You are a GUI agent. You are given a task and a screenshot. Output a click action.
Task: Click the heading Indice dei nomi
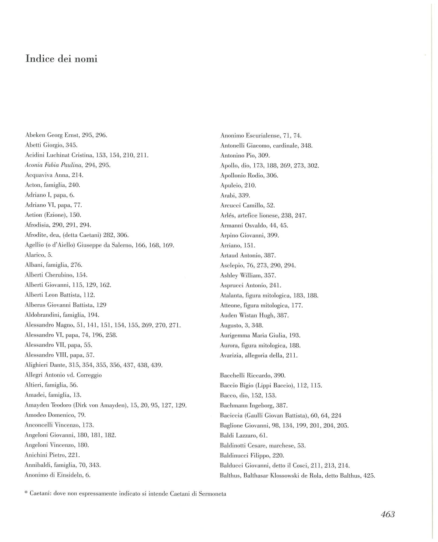(x=61, y=59)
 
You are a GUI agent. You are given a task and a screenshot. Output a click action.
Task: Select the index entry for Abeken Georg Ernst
(x=66, y=135)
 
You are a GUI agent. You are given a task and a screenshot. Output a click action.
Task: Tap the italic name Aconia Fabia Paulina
(x=54, y=165)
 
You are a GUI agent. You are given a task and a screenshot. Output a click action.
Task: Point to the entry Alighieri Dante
(x=93, y=365)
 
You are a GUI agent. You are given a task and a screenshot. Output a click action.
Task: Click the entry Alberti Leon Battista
(x=60, y=295)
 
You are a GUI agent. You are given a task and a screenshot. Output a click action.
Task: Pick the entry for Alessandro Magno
(x=103, y=325)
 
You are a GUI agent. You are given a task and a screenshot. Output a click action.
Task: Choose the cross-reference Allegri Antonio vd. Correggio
(x=63, y=375)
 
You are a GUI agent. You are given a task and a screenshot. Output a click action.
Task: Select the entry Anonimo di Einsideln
(x=57, y=475)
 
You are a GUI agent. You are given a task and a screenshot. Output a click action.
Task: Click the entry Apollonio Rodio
(x=249, y=175)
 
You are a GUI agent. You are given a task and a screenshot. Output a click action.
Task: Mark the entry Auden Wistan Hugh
(x=254, y=315)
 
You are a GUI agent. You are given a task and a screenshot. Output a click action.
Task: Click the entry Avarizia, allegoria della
(x=259, y=355)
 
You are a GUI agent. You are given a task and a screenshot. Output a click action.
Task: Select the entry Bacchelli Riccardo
(x=253, y=375)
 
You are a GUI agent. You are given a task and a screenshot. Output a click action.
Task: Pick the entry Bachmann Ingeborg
(x=254, y=405)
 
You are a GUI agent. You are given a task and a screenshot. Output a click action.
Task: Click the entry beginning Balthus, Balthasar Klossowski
(x=297, y=476)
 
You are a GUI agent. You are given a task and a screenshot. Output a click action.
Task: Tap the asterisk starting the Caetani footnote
(x=26, y=493)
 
